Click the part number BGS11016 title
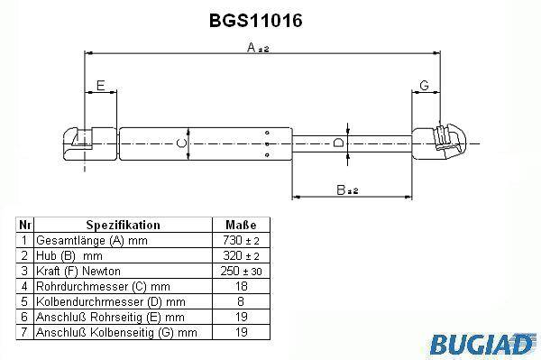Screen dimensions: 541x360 (256, 21)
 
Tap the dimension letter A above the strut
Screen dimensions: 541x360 (252, 47)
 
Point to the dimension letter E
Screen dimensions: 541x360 (100, 85)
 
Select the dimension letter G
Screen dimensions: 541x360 (424, 85)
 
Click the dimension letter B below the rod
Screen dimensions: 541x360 (341, 189)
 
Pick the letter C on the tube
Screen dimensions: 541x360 (181, 143)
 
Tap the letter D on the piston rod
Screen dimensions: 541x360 (339, 143)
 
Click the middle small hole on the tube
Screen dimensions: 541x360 (267, 144)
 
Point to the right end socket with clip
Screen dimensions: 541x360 (439, 142)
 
